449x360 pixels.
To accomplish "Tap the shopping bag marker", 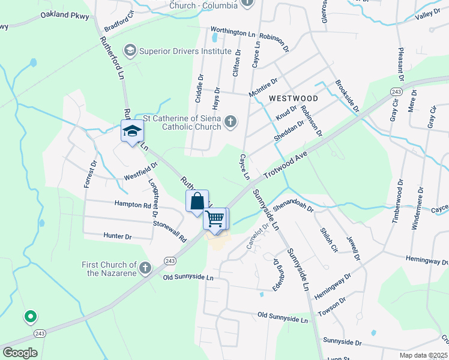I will click(197, 202).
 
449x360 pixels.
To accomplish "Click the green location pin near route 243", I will click(30, 316).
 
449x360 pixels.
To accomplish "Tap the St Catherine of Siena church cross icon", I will click(230, 123).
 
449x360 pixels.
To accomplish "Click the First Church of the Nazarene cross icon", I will click(145, 268).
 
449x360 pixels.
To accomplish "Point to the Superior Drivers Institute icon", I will click(131, 51).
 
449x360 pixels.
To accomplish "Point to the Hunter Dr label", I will click(118, 236).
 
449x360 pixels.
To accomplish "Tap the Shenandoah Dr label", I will click(294, 208).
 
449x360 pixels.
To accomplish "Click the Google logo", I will click(20, 353).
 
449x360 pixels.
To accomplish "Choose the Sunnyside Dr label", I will click(342, 341).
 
